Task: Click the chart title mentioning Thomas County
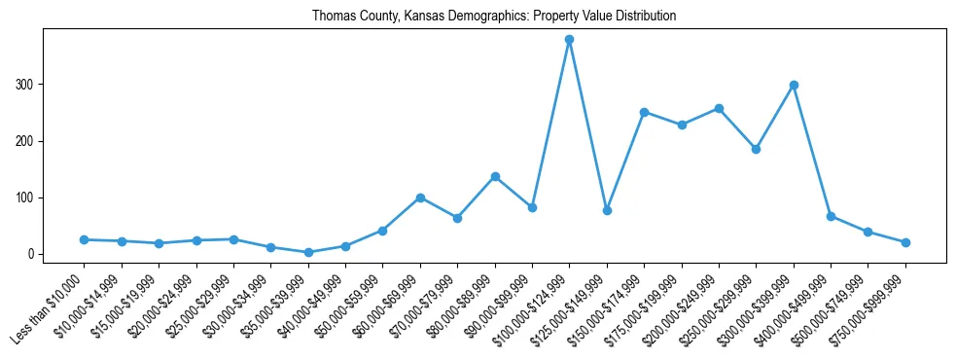(493, 17)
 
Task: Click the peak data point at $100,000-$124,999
(569, 40)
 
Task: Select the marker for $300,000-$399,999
(794, 85)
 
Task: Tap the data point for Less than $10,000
(85, 239)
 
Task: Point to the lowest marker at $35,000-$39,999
(308, 252)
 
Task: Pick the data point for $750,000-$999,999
(905, 242)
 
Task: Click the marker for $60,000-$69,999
(420, 198)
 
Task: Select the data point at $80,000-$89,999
(495, 176)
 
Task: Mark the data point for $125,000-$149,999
(607, 210)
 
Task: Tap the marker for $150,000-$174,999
(644, 112)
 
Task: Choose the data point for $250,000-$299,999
(756, 149)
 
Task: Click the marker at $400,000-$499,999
(831, 216)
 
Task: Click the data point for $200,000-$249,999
(719, 108)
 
